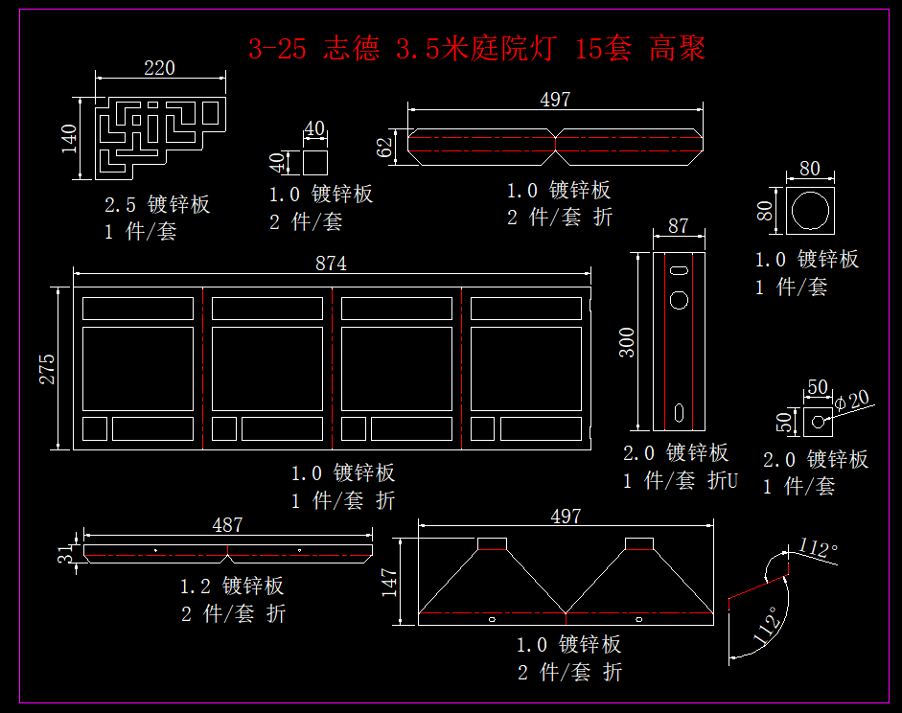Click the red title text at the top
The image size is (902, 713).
(476, 48)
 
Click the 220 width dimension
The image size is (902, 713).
(160, 68)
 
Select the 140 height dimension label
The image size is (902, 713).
(68, 138)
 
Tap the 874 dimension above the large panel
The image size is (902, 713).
(331, 264)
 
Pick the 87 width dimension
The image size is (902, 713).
(679, 226)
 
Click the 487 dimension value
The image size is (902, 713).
(227, 525)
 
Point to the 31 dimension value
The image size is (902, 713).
(65, 553)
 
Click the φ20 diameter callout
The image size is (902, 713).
(852, 399)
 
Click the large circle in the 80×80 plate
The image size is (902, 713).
(811, 210)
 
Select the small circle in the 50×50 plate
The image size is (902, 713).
(817, 420)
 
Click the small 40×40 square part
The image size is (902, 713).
(316, 161)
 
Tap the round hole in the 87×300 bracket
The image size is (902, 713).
(679, 300)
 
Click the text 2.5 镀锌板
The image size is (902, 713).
(157, 204)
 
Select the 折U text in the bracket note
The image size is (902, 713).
(723, 481)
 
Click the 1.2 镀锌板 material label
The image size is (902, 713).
(232, 586)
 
